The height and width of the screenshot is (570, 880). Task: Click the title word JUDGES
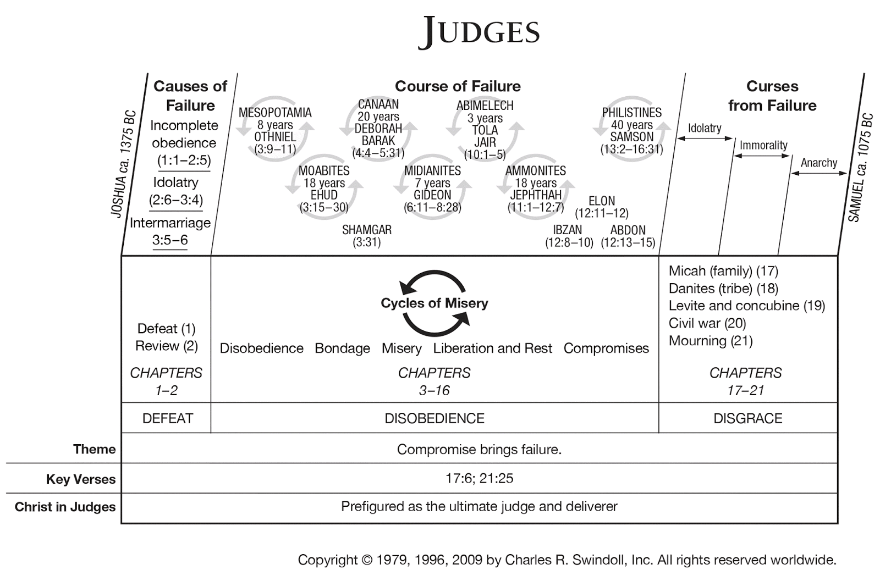pyautogui.click(x=479, y=31)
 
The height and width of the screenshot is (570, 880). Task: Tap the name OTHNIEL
pyautogui.click(x=275, y=137)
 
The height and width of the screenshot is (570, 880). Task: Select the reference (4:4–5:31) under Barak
pyautogui.click(x=378, y=153)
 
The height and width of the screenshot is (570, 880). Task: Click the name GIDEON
pyautogui.click(x=432, y=195)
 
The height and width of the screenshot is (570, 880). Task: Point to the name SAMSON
pyautogui.click(x=631, y=137)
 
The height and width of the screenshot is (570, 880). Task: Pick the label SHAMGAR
pyautogui.click(x=367, y=230)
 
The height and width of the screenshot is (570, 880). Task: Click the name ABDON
pyautogui.click(x=628, y=230)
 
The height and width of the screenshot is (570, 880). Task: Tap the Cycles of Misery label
pyautogui.click(x=435, y=303)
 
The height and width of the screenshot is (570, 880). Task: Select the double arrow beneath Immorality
pyautogui.click(x=762, y=156)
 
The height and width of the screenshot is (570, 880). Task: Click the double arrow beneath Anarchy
pyautogui.click(x=818, y=173)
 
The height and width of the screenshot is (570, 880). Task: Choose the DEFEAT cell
pyautogui.click(x=167, y=418)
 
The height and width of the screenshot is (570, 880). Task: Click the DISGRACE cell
pyautogui.click(x=747, y=418)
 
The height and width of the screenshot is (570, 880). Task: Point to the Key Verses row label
pyautogui.click(x=81, y=479)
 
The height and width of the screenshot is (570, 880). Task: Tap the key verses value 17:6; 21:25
pyautogui.click(x=479, y=478)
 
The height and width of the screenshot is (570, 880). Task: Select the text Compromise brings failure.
pyautogui.click(x=479, y=449)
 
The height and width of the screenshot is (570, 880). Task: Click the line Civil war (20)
pyautogui.click(x=707, y=323)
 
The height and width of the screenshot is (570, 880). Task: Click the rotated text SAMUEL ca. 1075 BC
pyautogui.click(x=860, y=168)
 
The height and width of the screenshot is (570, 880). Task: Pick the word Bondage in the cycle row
pyautogui.click(x=342, y=348)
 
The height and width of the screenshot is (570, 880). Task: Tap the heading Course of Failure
pyautogui.click(x=458, y=86)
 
